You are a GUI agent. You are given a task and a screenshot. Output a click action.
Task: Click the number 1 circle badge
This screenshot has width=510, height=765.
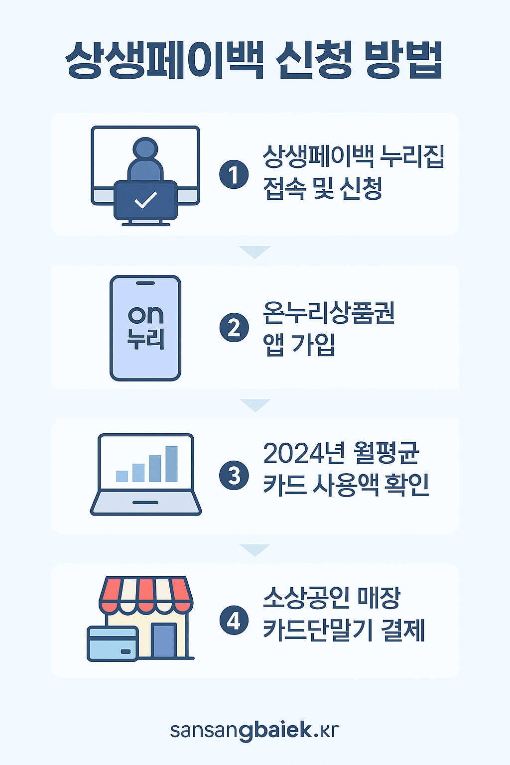pyautogui.click(x=234, y=175)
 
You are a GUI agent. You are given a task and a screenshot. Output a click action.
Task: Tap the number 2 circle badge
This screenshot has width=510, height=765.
pyautogui.click(x=234, y=328)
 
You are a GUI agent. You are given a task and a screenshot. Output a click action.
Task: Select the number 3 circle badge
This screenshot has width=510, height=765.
pyautogui.click(x=234, y=476)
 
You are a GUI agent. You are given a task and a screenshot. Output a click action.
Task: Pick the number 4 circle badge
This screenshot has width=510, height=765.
pyautogui.click(x=234, y=621)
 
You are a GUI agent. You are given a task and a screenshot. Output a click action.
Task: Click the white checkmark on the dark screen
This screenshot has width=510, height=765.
pyautogui.click(x=146, y=200)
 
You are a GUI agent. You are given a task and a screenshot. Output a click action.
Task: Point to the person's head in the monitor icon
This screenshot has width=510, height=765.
pyautogui.click(x=145, y=148)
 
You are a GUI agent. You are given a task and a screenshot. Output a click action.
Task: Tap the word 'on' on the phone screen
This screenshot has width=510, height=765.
pyautogui.click(x=145, y=315)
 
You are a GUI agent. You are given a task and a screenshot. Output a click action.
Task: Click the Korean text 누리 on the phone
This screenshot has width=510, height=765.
pyautogui.click(x=145, y=338)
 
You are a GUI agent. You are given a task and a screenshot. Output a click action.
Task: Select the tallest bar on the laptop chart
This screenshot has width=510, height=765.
pyautogui.click(x=171, y=464)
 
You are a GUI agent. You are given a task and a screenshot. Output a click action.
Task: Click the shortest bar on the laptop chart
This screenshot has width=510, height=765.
pyautogui.click(x=122, y=476)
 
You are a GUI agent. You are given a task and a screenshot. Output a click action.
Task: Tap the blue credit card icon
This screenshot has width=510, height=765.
pyautogui.click(x=113, y=643)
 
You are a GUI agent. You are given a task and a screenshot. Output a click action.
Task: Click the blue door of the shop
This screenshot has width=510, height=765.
pyautogui.click(x=164, y=640)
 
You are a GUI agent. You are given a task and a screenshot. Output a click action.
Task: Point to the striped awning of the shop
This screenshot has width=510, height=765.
pyautogui.click(x=146, y=594)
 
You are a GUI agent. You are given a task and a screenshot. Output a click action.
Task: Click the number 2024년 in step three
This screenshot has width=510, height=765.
pyautogui.click(x=303, y=453)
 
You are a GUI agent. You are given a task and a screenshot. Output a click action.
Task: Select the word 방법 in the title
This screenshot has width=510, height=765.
pyautogui.click(x=403, y=60)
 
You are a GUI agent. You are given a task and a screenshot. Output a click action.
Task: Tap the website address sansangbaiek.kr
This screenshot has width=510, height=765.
pyautogui.click(x=255, y=730)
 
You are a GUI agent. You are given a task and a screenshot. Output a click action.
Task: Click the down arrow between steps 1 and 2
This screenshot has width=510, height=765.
pyautogui.click(x=255, y=251)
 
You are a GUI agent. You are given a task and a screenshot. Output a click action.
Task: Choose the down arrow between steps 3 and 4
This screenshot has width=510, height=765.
pyautogui.click(x=255, y=549)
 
